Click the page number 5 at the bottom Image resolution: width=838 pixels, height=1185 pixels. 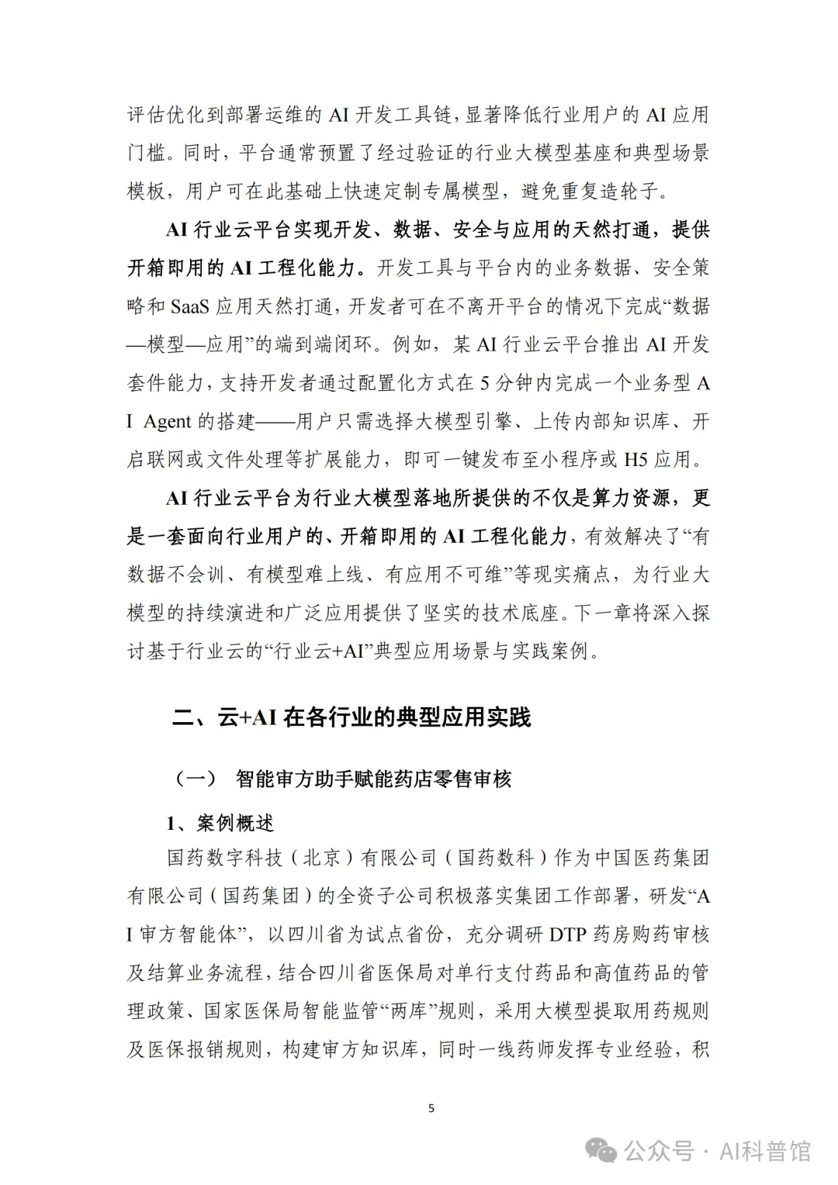pyautogui.click(x=431, y=1108)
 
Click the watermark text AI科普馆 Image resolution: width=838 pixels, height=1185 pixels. pyautogui.click(x=764, y=1151)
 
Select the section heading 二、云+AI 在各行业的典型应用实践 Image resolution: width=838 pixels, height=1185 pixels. pyautogui.click(x=351, y=717)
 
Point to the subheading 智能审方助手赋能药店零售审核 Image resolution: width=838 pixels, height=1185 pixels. pyautogui.click(x=373, y=779)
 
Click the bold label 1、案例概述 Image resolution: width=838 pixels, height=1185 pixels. pyautogui.click(x=220, y=823)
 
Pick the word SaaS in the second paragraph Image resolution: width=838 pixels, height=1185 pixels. pyautogui.click(x=189, y=306)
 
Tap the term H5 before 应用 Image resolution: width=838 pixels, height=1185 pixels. pyautogui.click(x=635, y=460)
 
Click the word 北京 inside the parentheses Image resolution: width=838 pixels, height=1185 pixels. pyautogui.click(x=321, y=858)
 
